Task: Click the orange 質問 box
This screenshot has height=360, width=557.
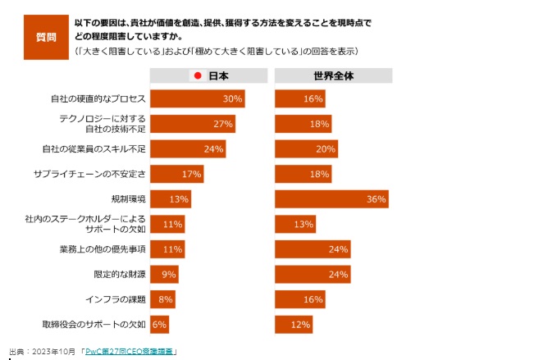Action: pos(46,37)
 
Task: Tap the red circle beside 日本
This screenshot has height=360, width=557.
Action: pos(197,76)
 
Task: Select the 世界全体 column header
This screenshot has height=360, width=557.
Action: pos(333,76)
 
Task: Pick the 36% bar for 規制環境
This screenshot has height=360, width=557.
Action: pos(331,199)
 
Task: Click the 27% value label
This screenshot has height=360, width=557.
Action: pos(224,125)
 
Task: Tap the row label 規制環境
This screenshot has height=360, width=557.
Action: pos(128,199)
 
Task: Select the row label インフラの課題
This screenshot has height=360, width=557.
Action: pos(116,299)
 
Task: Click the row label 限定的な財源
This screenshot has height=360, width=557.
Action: pos(120,275)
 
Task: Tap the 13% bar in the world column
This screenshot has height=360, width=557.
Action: pos(295,225)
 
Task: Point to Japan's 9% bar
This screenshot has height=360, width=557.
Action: pos(164,275)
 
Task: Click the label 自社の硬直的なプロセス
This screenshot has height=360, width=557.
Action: pos(98,99)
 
